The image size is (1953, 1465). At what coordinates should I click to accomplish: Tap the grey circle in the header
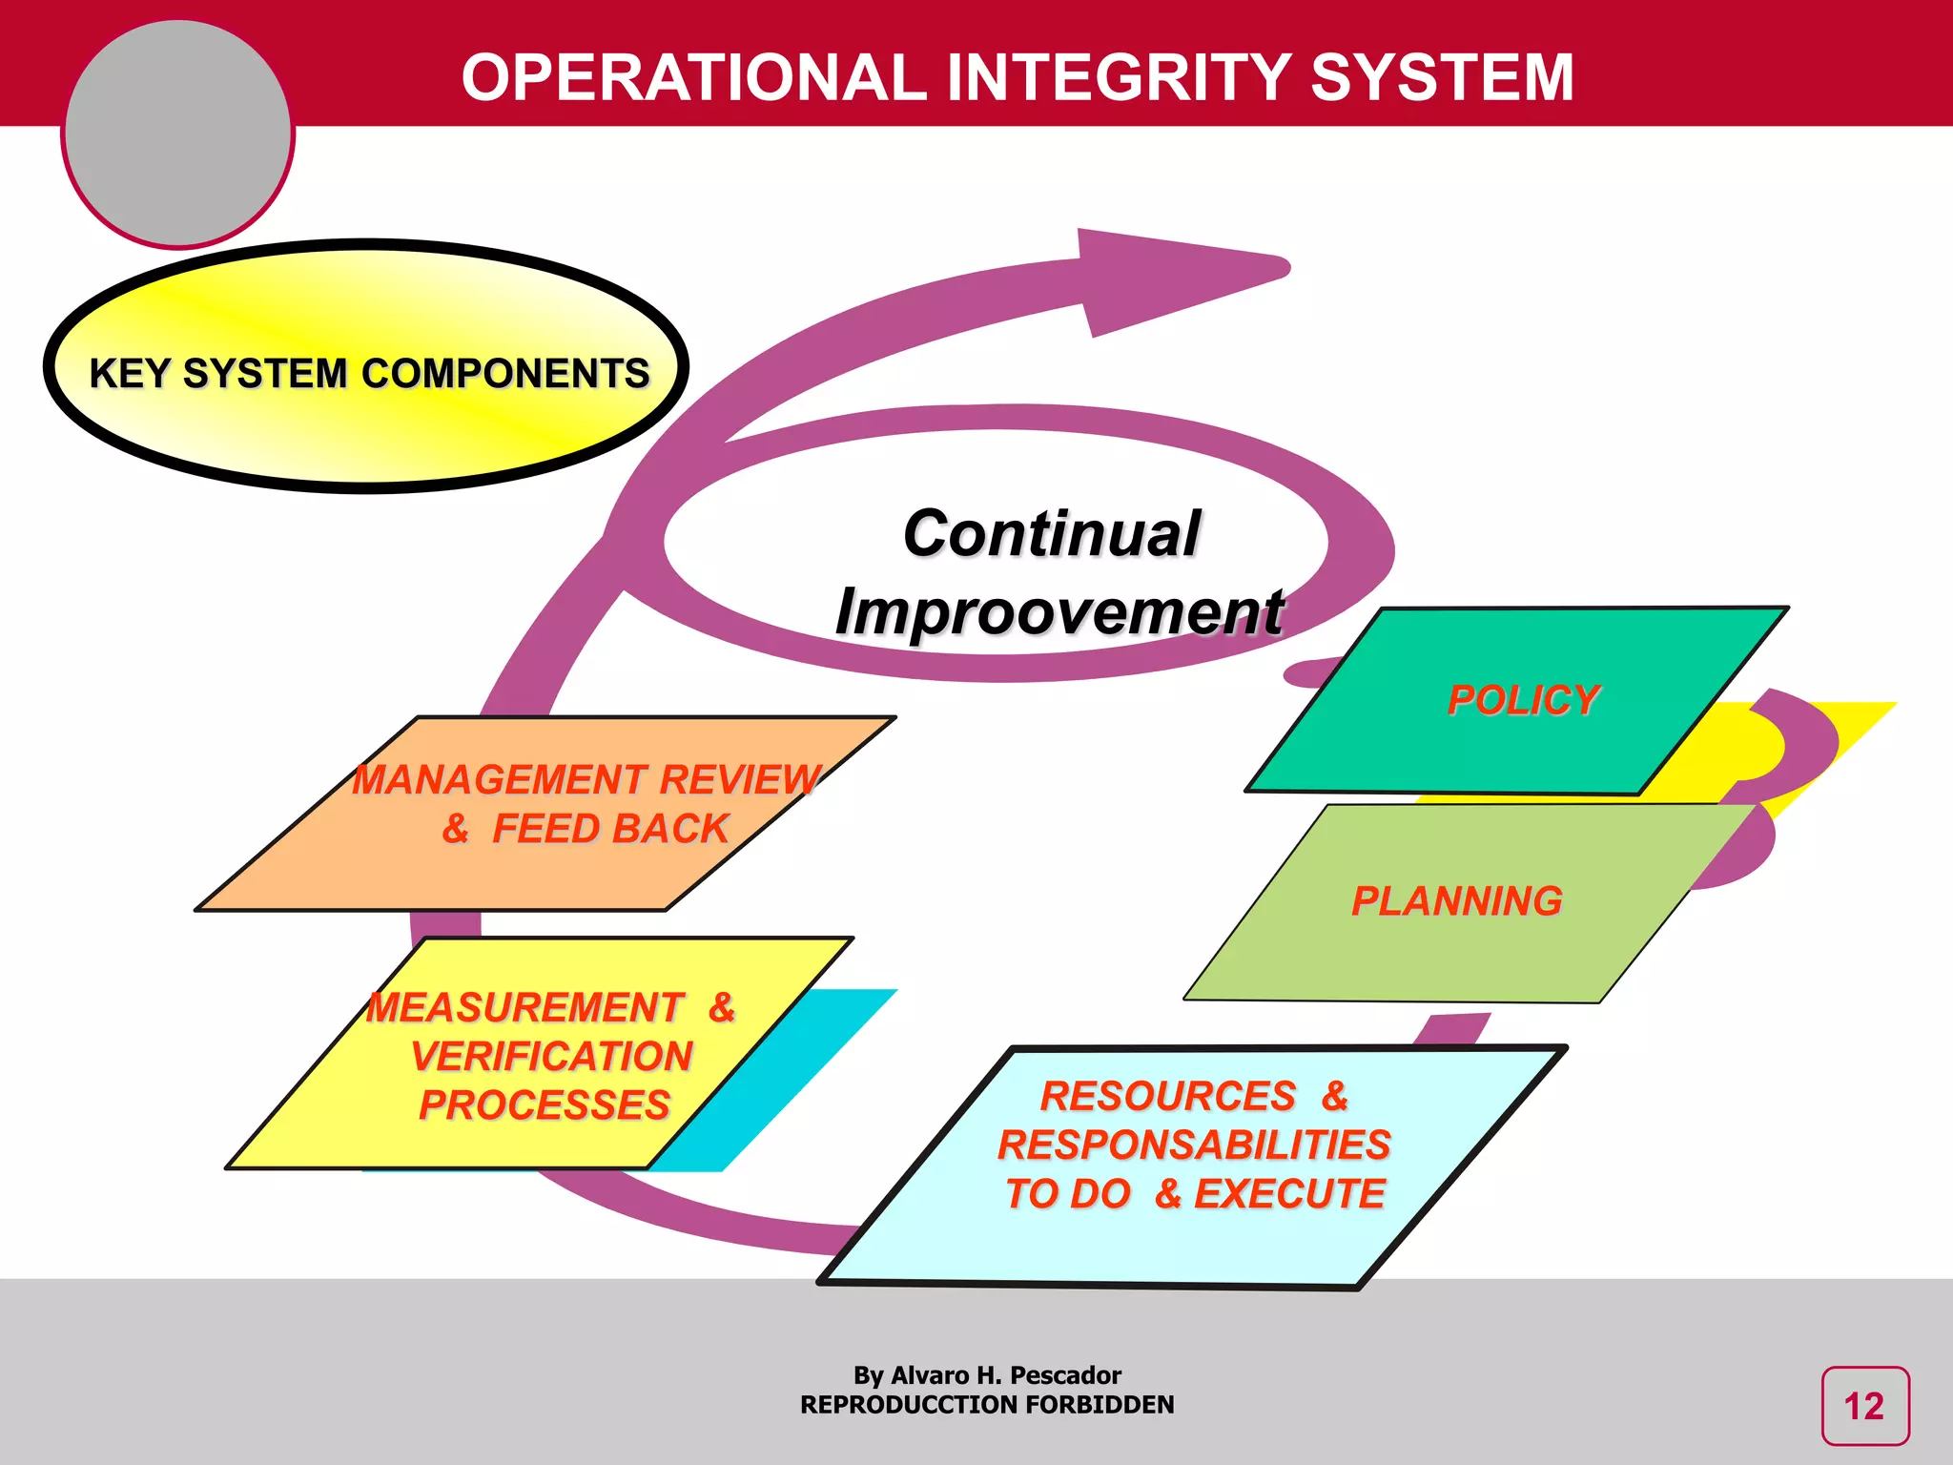(177, 134)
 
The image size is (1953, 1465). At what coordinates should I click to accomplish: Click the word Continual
(1051, 533)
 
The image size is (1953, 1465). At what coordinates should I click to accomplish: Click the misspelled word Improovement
(1059, 611)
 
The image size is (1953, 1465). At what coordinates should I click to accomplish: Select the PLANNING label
(1456, 901)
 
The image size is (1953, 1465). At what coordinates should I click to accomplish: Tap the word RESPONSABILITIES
(1194, 1145)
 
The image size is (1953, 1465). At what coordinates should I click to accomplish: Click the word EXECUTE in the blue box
(1289, 1193)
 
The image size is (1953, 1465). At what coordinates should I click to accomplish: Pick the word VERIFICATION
(551, 1057)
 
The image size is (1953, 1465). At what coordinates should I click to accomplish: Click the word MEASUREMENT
(525, 1008)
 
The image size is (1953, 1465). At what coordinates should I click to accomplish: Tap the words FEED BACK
(610, 829)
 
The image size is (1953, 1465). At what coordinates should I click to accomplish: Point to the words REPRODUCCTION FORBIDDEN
(987, 1405)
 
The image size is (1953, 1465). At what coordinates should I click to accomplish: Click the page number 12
(1864, 1407)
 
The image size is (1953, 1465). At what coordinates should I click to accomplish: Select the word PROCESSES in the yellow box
(545, 1105)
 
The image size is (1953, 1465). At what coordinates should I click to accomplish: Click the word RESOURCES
(1168, 1096)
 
